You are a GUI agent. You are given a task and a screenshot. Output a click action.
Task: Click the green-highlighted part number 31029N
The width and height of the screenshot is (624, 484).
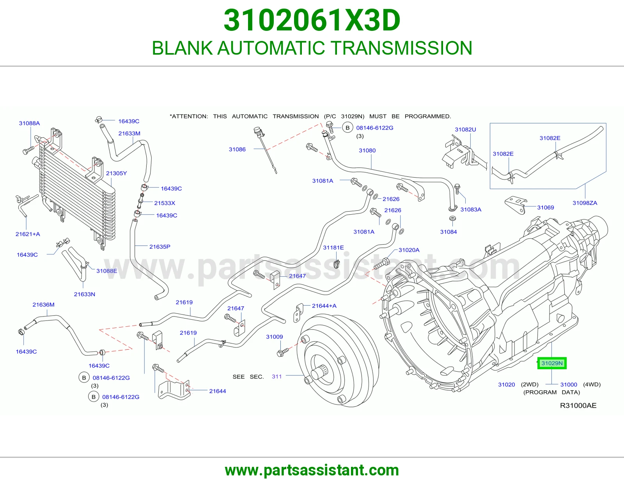(x=551, y=363)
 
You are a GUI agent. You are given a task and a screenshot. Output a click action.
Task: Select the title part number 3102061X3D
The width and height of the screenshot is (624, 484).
(x=312, y=20)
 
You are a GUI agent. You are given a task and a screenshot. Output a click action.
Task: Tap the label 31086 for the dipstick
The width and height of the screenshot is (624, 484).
(x=237, y=149)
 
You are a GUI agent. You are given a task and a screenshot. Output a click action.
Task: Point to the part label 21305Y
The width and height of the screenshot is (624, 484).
(x=116, y=173)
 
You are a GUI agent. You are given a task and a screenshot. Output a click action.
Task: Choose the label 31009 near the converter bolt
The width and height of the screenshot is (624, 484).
(x=274, y=337)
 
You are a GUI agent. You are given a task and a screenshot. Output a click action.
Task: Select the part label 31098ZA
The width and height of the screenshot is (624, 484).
(x=585, y=203)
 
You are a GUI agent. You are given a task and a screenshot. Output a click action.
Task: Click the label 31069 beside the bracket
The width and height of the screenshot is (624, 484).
(x=545, y=208)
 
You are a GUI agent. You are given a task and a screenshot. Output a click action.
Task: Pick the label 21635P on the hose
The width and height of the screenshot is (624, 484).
(x=160, y=247)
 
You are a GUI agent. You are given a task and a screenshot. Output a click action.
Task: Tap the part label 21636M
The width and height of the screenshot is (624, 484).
(x=43, y=305)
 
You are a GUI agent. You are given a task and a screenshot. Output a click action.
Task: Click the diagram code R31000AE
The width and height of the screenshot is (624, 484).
(x=578, y=406)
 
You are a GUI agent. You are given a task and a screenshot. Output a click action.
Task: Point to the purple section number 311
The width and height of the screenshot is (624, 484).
(x=277, y=377)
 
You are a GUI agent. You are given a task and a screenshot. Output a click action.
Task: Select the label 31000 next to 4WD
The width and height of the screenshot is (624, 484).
(x=569, y=384)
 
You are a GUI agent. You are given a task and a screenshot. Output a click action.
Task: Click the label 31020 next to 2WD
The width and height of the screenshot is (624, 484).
(x=507, y=384)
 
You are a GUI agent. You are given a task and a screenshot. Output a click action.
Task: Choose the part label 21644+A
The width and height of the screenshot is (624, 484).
(x=324, y=306)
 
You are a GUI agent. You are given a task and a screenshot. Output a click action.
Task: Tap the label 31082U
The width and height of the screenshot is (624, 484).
(x=465, y=130)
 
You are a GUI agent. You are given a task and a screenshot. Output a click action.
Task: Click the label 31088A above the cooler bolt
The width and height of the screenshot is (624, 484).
(x=29, y=123)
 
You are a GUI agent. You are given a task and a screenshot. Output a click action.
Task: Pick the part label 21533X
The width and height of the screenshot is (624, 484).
(x=165, y=203)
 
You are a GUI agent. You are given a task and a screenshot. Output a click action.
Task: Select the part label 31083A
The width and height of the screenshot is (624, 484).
(x=471, y=210)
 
